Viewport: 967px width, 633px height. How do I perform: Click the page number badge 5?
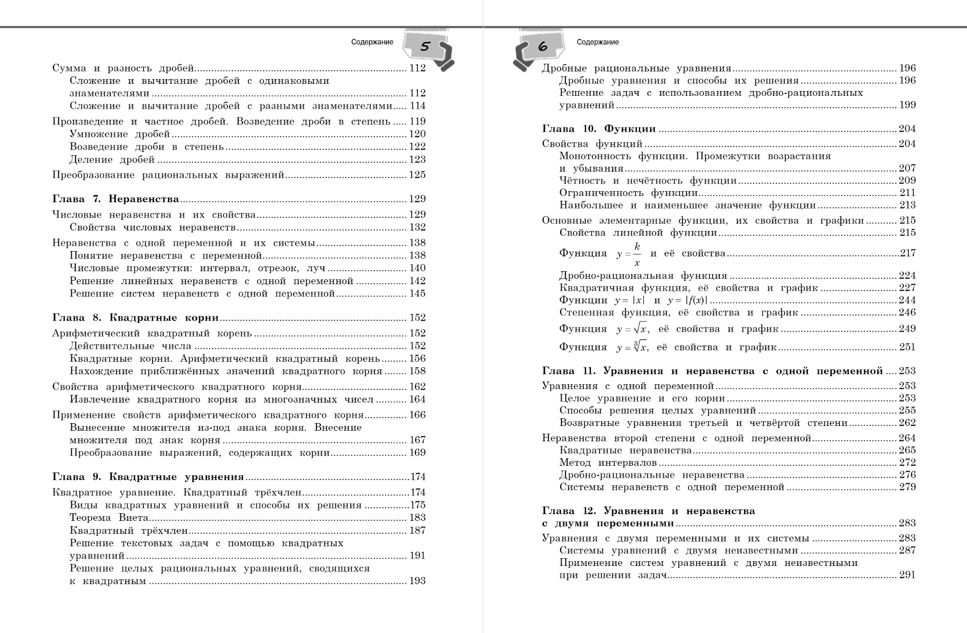click(425, 46)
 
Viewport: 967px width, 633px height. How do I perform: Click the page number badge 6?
click(543, 46)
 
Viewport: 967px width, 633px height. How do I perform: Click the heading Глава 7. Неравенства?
click(116, 199)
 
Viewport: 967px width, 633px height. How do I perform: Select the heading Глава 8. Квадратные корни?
click(135, 318)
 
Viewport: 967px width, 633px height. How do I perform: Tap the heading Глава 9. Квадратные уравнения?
click(148, 477)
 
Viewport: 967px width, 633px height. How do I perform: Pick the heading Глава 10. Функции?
click(599, 128)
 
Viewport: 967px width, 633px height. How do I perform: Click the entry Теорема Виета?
click(109, 518)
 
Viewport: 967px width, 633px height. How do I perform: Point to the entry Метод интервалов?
click(608, 462)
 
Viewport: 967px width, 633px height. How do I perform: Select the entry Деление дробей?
click(112, 160)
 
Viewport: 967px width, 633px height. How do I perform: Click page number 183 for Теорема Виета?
click(417, 518)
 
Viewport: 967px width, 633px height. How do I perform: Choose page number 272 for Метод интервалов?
click(907, 462)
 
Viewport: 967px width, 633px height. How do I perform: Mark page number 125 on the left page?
click(417, 175)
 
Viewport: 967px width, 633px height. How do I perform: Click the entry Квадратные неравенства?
click(625, 450)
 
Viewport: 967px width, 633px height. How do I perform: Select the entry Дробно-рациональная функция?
click(643, 276)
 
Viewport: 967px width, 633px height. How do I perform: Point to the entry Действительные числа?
click(130, 346)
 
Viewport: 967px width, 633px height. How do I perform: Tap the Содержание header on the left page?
click(372, 42)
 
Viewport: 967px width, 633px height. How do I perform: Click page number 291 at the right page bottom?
click(907, 575)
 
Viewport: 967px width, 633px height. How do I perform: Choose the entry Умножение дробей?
click(120, 134)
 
